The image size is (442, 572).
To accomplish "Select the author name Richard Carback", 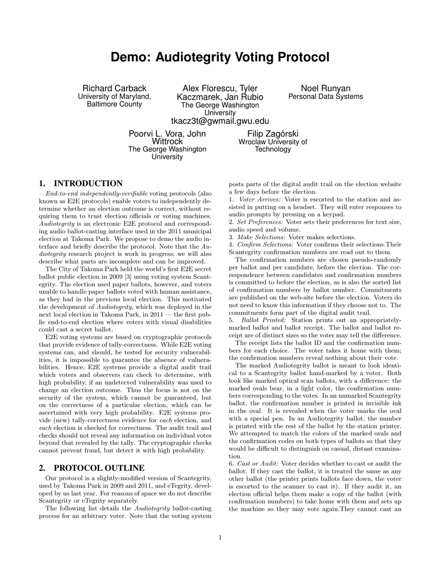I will (x=114, y=88).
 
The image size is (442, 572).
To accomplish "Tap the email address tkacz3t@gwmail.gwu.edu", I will (x=220, y=121).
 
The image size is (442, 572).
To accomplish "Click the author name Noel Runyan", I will (x=325, y=88).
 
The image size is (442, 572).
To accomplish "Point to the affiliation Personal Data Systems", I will (x=325, y=97).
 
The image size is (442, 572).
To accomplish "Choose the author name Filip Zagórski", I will (x=272, y=133).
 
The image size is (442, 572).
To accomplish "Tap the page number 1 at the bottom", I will (x=220, y=537).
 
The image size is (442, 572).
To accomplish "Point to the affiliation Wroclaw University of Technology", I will (x=272, y=145).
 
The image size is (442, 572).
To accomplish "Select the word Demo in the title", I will (x=130, y=57).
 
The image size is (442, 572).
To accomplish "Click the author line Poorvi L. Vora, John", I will (x=167, y=133).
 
